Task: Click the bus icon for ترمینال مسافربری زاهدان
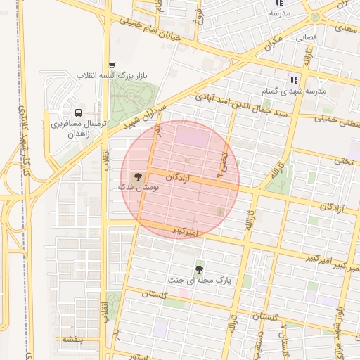click(77, 112)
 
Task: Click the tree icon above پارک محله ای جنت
click(200, 269)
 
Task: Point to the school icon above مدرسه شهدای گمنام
click(293, 80)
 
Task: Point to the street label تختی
click(344, 161)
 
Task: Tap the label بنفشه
click(72, 339)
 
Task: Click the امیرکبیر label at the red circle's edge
click(188, 231)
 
